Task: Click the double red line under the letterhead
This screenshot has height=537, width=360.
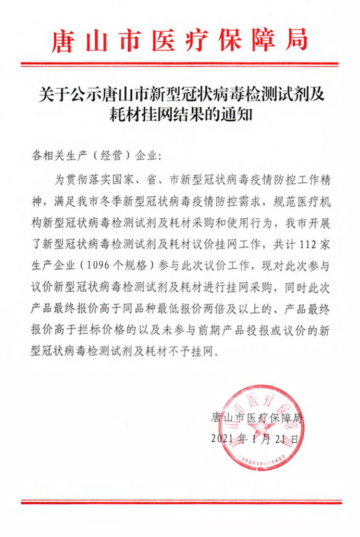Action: tap(180, 64)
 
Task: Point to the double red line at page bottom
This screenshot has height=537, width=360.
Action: tap(180, 502)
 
